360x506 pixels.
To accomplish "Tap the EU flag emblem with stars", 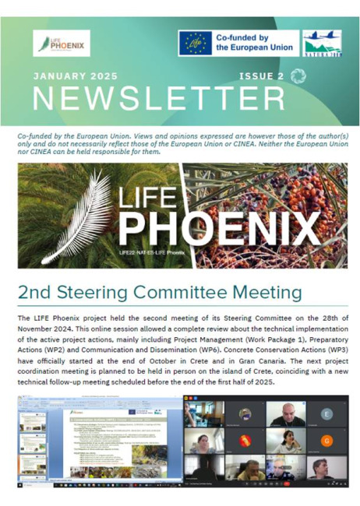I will click(194, 44).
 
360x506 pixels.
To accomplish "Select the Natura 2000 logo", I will click(321, 44).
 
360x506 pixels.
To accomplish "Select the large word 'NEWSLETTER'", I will click(159, 99).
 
